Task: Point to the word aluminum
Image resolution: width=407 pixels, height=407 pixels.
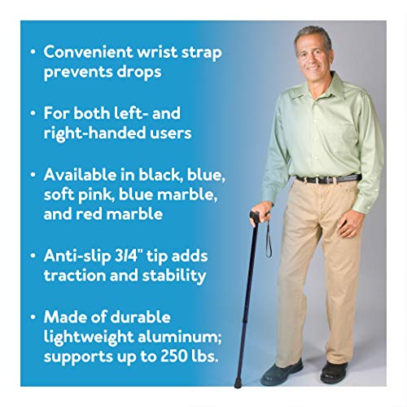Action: (x=182, y=337)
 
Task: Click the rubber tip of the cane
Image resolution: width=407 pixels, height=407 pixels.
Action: (x=237, y=381)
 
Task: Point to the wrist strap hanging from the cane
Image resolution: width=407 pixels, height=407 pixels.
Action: (x=267, y=240)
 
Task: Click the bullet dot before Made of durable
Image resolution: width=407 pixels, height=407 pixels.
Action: (x=30, y=317)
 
